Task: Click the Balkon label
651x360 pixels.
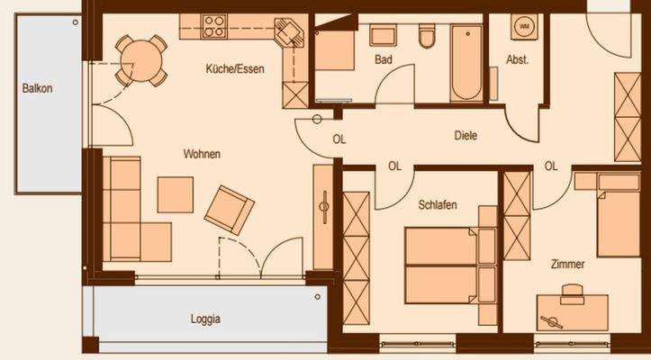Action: click(38, 88)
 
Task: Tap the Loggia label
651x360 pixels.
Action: click(205, 319)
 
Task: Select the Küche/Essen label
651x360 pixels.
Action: click(234, 69)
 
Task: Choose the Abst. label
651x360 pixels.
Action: click(517, 60)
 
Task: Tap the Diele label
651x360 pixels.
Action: click(465, 136)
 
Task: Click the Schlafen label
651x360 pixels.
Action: click(438, 205)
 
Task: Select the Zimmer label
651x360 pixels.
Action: click(568, 265)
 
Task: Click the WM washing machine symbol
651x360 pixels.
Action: click(522, 29)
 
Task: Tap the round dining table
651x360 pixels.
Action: click(138, 58)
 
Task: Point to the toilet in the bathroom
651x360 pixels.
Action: click(427, 36)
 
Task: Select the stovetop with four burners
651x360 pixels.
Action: click(214, 25)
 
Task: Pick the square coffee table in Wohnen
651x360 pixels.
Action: click(176, 193)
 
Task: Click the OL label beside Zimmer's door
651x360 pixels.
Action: click(551, 166)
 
